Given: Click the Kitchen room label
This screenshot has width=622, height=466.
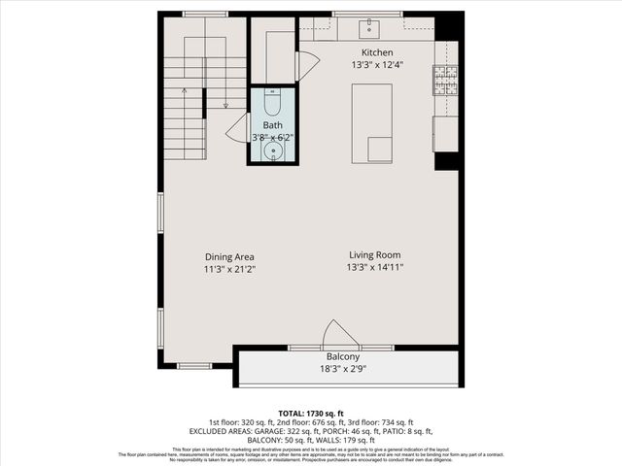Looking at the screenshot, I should [377, 52].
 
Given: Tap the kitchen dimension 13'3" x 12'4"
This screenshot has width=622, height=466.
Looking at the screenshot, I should [377, 65].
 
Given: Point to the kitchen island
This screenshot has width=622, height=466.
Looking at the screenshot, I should [372, 123].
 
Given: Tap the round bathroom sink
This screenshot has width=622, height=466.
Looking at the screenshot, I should [275, 150].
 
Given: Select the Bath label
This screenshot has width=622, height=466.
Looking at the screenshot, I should [272, 125].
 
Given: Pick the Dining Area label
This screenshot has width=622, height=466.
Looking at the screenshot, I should [229, 256].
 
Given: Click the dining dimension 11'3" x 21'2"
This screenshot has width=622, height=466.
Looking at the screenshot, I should [229, 269].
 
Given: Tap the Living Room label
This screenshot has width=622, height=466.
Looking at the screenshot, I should [376, 255].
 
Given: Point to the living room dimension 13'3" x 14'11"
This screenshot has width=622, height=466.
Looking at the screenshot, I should [376, 267].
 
